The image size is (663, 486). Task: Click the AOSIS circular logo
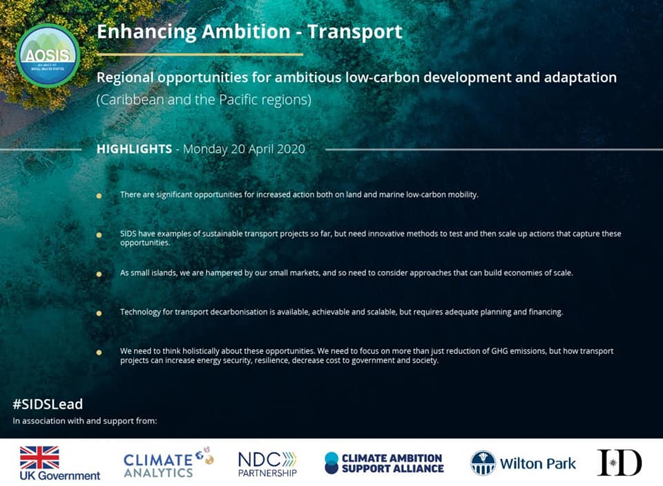click(48, 55)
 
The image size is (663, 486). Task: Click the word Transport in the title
click(355, 32)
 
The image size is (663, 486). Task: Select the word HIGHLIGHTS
click(134, 149)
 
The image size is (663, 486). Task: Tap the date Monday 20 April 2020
click(244, 149)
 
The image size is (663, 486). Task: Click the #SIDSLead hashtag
click(48, 404)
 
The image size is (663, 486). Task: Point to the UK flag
click(39, 457)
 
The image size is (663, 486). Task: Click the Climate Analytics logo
click(169, 462)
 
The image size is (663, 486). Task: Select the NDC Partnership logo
click(267, 464)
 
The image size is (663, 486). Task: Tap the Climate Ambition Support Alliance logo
click(385, 462)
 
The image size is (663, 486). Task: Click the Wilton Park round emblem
click(483, 463)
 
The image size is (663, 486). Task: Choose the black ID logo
click(619, 462)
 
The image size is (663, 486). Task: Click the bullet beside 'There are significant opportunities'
click(99, 196)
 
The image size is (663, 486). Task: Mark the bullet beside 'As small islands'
click(99, 274)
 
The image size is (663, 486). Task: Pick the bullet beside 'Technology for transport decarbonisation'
click(99, 313)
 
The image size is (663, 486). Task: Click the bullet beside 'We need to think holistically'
click(99, 352)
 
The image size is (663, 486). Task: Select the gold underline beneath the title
click(200, 54)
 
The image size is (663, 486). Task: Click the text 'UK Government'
click(60, 476)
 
